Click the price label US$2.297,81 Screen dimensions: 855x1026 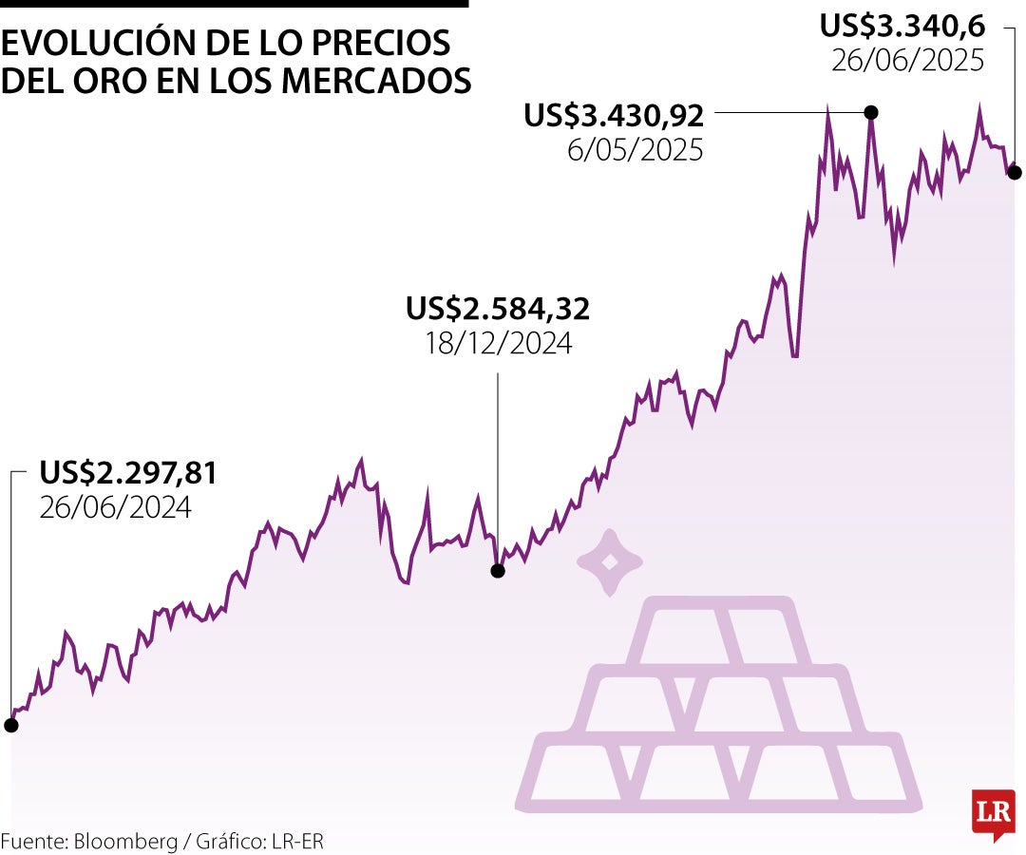point(128,472)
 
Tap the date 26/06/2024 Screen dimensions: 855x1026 point(115,507)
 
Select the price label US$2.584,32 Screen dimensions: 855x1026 point(498,309)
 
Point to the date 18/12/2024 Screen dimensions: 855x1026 point(498,343)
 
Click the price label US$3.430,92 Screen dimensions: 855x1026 point(614,116)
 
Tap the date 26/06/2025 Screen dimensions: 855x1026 point(907,61)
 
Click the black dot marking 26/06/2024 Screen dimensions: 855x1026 point(10,725)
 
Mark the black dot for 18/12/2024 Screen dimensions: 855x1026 point(497,571)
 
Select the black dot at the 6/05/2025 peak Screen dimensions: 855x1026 point(870,112)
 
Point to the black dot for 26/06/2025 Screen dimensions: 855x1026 point(1015,172)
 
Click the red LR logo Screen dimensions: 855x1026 point(993,813)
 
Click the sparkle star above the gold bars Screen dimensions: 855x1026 point(609,562)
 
